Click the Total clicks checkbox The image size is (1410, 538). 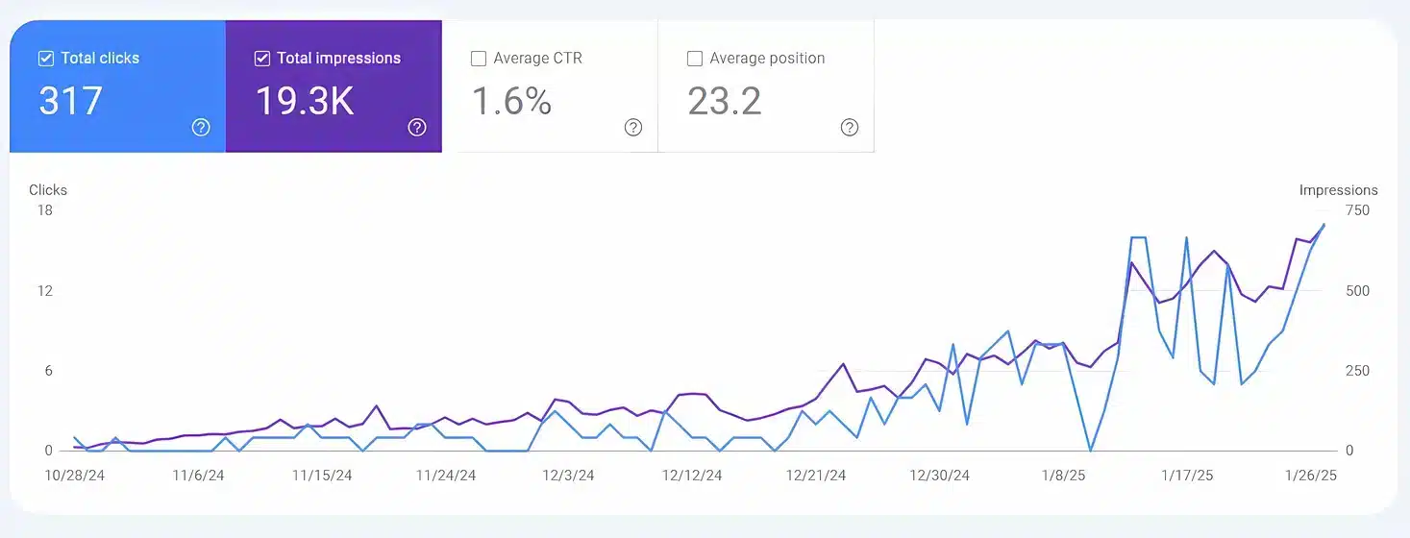45,59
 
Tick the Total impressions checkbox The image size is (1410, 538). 261,59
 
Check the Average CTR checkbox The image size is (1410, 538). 478,59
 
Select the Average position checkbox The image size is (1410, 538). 694,59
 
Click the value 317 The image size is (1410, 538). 70,101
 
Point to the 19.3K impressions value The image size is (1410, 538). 304,101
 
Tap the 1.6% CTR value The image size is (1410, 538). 511,101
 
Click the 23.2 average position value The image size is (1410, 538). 724,101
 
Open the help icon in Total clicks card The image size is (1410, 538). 200,127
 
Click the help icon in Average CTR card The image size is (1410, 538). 632,127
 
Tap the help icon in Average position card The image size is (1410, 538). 849,127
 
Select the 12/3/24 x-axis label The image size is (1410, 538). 568,476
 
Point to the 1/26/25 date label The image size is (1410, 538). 1310,476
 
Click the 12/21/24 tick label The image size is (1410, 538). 815,476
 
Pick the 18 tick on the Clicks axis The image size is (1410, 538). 45,210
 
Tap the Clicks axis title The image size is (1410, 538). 48,190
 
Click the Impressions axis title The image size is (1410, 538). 1338,190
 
